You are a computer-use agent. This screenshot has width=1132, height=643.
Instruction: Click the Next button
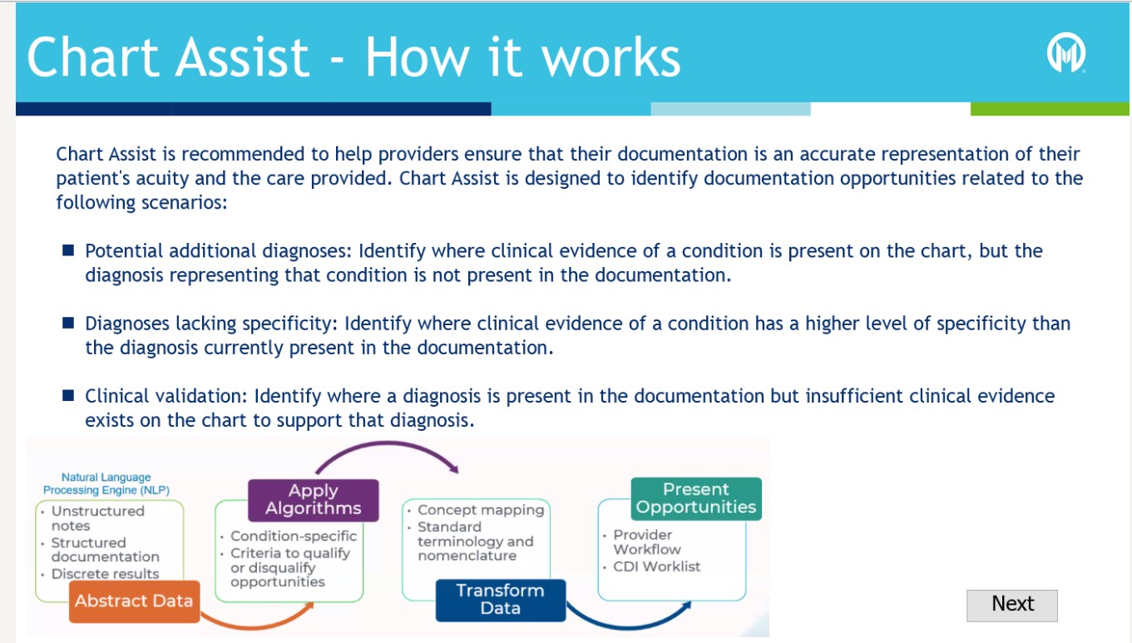[x=1011, y=605]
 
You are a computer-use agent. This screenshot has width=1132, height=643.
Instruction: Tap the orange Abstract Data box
[x=134, y=601]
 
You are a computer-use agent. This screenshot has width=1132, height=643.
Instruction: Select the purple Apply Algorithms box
[x=313, y=500]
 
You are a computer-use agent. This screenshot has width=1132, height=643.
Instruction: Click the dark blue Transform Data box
[x=500, y=600]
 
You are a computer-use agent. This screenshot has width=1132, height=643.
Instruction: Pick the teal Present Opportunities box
[x=696, y=498]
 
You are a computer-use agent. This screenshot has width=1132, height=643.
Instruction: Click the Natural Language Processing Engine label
[x=106, y=484]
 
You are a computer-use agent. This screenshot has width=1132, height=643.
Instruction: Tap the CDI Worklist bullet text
[x=656, y=566]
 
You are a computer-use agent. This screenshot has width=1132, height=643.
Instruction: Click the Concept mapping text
[x=480, y=510]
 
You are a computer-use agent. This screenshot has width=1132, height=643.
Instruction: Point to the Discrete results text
[x=105, y=574]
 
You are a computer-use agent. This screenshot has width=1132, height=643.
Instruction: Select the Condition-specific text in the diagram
[x=293, y=537]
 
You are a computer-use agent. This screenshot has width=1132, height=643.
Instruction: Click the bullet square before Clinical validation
[x=69, y=395]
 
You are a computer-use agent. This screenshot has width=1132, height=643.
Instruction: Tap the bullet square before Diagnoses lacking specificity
[x=69, y=323]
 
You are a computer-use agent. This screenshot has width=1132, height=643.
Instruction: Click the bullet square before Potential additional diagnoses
[x=69, y=250]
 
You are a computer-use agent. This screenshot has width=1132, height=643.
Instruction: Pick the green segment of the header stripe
[x=1050, y=109]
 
